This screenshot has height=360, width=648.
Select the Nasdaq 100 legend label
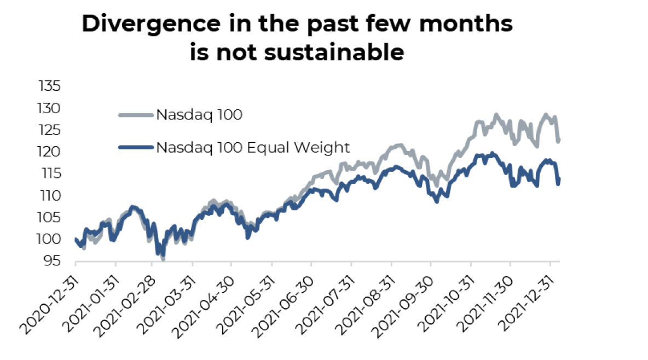click(199, 115)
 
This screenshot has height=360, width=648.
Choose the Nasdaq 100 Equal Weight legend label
click(252, 147)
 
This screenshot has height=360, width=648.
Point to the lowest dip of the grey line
click(163, 259)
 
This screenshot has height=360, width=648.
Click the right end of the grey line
click(559, 141)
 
